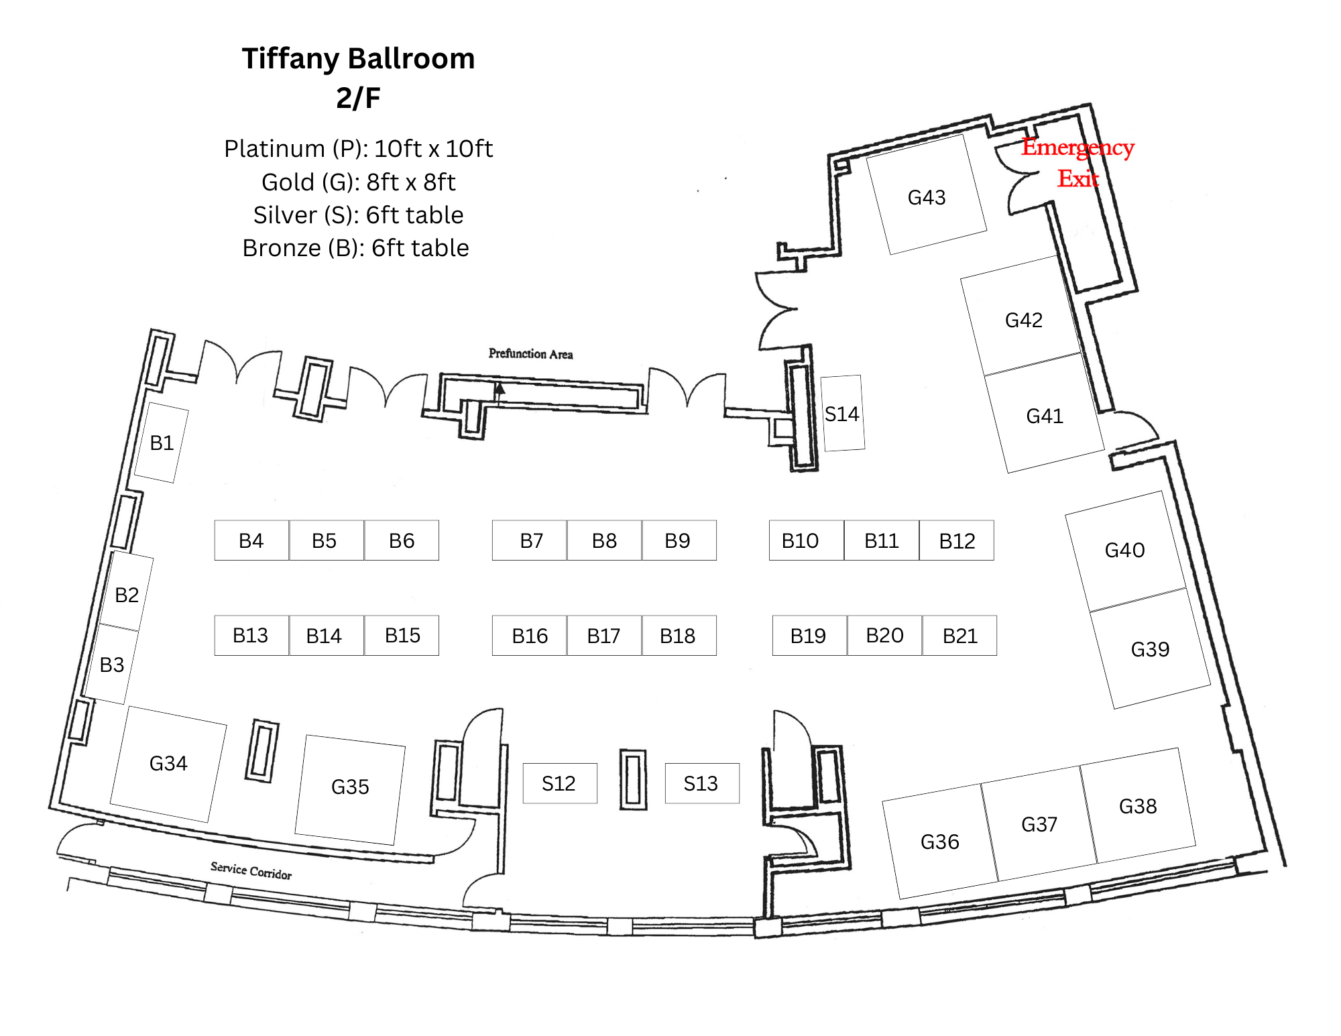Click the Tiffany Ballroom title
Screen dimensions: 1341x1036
(x=358, y=59)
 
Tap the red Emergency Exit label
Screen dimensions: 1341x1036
(x=1077, y=162)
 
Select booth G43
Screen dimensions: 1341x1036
(x=927, y=194)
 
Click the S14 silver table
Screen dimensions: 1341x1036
(x=843, y=413)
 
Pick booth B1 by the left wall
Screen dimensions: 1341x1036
(x=162, y=443)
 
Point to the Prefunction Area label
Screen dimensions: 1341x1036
(x=530, y=353)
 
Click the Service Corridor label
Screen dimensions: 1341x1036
(x=251, y=870)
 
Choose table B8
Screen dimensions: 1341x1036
(x=604, y=540)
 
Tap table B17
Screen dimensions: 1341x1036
(x=604, y=636)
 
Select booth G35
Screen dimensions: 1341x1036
(x=350, y=790)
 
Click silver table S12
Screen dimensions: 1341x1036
(x=560, y=783)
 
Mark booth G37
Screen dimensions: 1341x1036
(x=1039, y=824)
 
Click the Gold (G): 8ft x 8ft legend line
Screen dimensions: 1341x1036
(x=358, y=182)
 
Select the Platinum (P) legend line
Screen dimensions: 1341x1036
(x=358, y=149)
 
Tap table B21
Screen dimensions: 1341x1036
(x=959, y=636)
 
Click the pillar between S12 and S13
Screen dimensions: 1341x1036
(x=633, y=780)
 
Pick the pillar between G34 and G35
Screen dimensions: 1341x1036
(x=261, y=751)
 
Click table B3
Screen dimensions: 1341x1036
(x=112, y=664)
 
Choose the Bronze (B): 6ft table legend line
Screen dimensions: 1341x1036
(x=355, y=248)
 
